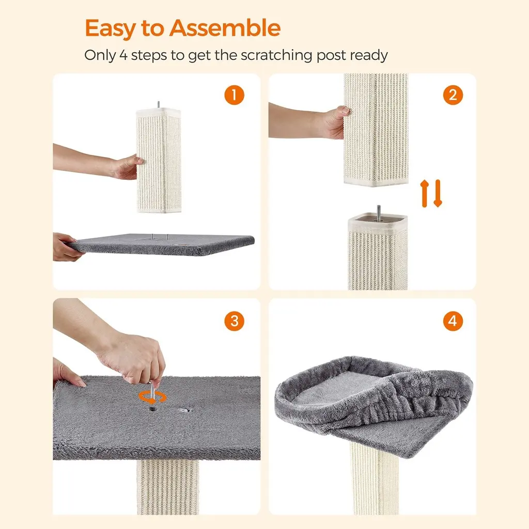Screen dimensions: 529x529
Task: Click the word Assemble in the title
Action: click(225, 28)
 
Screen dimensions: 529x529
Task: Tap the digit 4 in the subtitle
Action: click(124, 55)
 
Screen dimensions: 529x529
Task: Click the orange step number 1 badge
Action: click(234, 95)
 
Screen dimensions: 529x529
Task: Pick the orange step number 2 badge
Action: click(453, 95)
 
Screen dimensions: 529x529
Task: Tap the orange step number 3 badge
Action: click(234, 321)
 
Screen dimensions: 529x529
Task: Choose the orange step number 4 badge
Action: click(453, 321)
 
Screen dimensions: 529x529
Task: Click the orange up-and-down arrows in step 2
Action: click(431, 193)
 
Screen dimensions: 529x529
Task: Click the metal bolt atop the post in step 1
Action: click(159, 104)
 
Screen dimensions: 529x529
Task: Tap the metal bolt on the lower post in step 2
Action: click(379, 213)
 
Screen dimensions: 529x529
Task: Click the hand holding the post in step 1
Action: click(127, 167)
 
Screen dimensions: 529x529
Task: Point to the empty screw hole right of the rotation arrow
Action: click(184, 410)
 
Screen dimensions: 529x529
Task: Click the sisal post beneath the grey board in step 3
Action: click(168, 487)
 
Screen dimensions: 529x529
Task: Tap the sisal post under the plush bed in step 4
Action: click(375, 479)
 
